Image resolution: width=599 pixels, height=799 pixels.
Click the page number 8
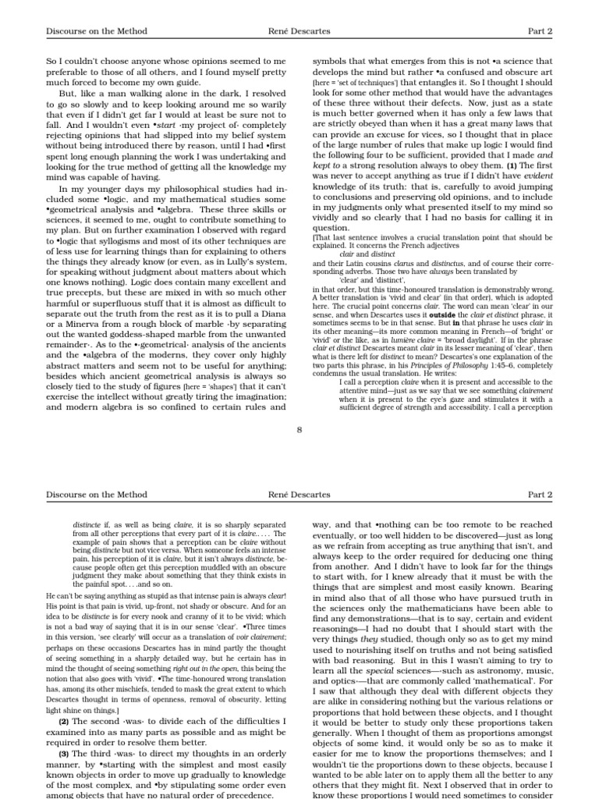point(299,428)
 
